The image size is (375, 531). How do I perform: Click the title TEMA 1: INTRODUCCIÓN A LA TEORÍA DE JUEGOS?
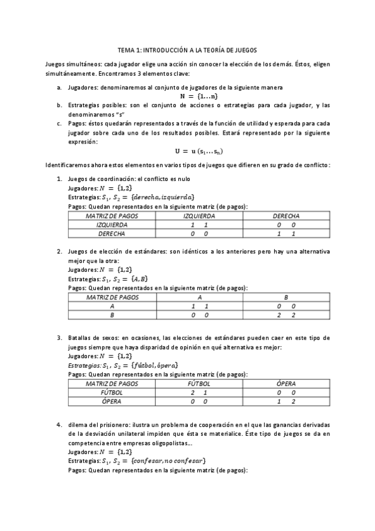point(187,49)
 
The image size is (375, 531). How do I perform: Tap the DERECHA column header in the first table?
point(285,215)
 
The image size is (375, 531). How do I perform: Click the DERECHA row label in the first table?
point(112,233)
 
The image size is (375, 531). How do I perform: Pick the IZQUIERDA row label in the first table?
point(112,224)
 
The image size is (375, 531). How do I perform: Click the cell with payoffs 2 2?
point(285,315)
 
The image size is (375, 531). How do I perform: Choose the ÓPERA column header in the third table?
point(285,383)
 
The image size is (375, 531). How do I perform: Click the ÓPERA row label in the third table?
point(112,401)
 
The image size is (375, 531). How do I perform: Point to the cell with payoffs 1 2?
point(285,401)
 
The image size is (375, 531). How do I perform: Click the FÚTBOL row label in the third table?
point(112,392)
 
